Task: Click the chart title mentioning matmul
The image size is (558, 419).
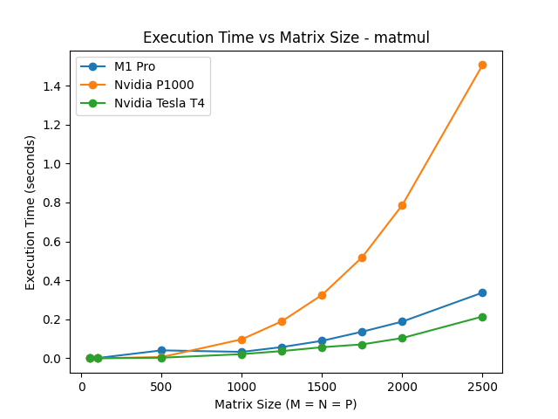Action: tap(286, 38)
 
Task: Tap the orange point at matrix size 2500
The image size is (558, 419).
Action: tap(482, 65)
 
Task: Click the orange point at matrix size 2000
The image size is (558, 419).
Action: tap(402, 205)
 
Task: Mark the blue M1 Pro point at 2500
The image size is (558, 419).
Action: tap(482, 292)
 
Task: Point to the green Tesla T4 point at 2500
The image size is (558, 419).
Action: tap(482, 317)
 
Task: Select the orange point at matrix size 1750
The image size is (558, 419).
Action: tap(362, 258)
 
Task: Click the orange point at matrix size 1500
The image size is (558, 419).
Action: tap(322, 295)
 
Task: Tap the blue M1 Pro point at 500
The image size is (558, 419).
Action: tap(161, 350)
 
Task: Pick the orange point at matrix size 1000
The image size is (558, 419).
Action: tap(242, 340)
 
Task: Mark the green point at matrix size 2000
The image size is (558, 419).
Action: tap(402, 338)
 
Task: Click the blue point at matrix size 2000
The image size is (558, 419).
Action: tap(402, 321)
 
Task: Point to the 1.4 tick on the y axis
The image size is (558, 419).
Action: tap(53, 86)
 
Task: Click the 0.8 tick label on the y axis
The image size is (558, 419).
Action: tap(53, 203)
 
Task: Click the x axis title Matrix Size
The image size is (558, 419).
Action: tap(286, 404)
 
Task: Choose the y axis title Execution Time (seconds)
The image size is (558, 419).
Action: tap(31, 212)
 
